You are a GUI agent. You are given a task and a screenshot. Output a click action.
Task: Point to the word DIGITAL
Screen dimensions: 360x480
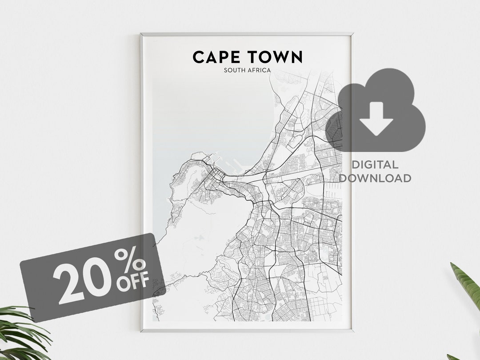375,165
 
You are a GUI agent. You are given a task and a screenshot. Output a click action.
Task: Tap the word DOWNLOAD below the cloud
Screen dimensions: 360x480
375,178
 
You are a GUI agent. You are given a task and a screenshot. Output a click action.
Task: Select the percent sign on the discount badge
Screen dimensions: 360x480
130,261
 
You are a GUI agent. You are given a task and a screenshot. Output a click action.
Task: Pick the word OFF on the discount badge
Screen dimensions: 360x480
133,283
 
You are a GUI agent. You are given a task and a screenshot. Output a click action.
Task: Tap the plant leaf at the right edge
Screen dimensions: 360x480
467,284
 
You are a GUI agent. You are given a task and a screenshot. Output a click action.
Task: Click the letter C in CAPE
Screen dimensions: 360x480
198,57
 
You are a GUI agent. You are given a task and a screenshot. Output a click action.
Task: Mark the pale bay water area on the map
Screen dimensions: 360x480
209,116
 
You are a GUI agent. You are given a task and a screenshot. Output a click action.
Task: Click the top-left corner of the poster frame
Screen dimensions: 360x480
141,34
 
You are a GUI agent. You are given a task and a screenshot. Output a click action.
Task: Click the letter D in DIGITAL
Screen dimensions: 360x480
355,165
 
